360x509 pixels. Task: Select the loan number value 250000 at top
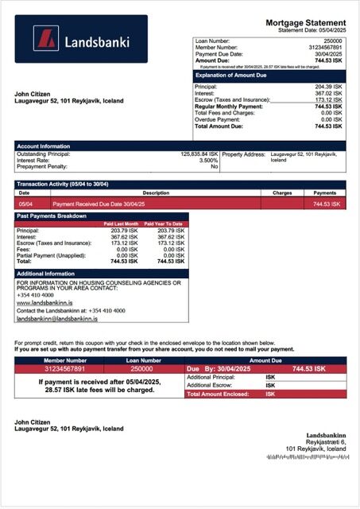(333, 40)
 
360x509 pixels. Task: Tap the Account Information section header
(44, 146)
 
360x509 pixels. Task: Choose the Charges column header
(282, 192)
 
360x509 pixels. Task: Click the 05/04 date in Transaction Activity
(25, 204)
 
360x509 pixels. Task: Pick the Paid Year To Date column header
(164, 224)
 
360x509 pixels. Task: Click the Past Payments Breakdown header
(52, 216)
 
